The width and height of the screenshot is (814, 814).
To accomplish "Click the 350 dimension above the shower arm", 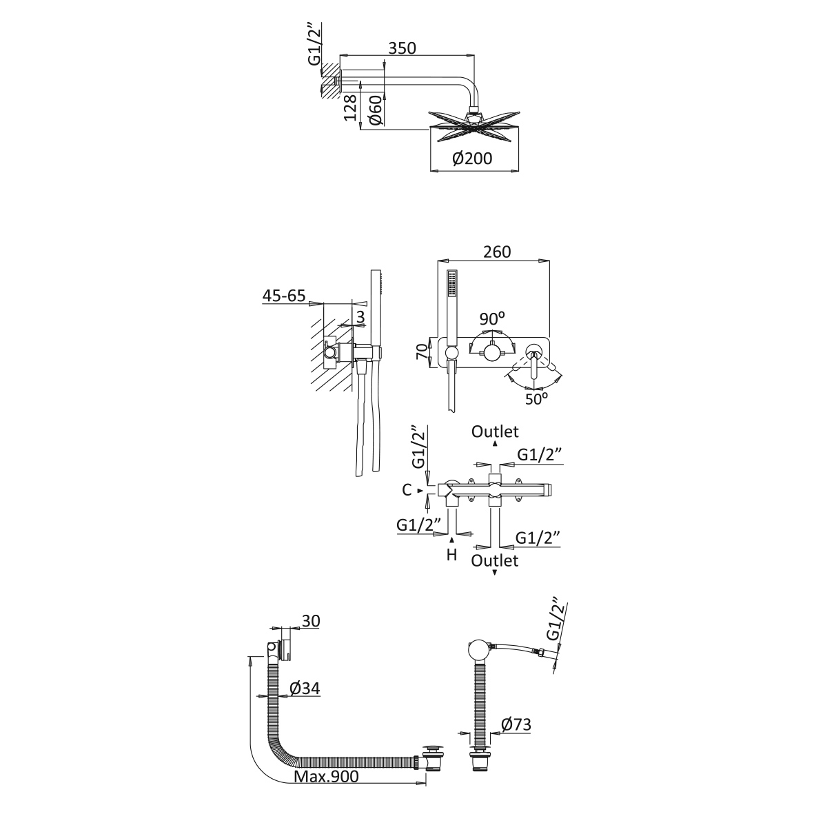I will [x=402, y=48].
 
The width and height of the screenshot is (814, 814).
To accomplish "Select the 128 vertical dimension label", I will [x=351, y=109].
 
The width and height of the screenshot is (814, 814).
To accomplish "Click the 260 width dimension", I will [x=496, y=252].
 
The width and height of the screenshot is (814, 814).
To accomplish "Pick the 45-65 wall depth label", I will [x=283, y=296].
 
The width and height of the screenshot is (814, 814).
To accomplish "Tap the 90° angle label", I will [x=493, y=319].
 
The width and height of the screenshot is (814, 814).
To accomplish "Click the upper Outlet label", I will [x=495, y=431].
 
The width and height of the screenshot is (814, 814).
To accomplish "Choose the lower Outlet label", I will [x=495, y=560].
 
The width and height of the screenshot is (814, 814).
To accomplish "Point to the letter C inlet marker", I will [x=407, y=490].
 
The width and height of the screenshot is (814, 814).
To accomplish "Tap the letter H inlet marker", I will [x=451, y=554].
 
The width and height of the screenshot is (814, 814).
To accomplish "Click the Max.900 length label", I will [x=327, y=777].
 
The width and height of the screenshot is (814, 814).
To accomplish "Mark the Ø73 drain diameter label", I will [x=516, y=724].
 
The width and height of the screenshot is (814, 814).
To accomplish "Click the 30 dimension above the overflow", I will [x=310, y=621].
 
